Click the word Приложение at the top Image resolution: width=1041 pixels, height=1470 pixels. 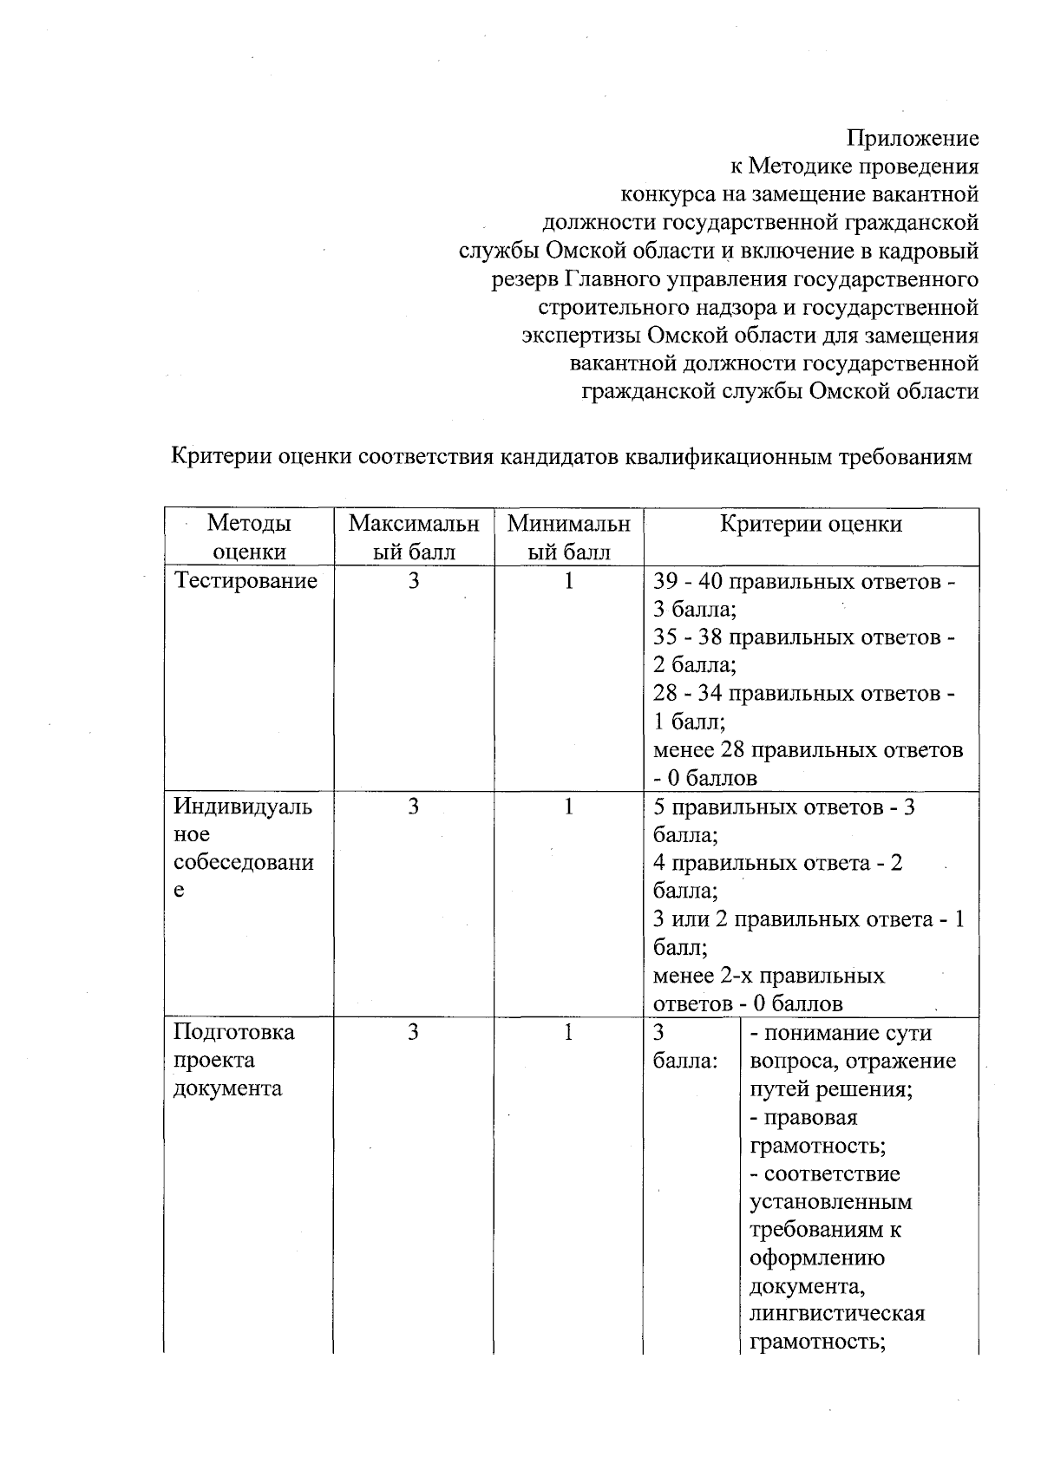(912, 138)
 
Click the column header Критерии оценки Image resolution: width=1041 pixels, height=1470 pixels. (811, 524)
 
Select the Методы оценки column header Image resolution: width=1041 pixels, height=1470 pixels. (249, 537)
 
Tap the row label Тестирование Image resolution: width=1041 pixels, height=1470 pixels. (246, 580)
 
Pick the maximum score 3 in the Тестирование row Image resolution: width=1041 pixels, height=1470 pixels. (414, 580)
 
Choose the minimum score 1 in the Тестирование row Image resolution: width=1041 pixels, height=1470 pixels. (568, 580)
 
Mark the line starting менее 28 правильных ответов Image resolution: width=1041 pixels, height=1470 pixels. (808, 750)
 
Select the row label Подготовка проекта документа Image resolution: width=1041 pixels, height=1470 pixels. (234, 1060)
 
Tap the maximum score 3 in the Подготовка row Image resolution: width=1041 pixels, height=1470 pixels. (414, 1032)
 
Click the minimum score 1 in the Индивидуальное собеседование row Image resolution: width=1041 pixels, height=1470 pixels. (568, 807)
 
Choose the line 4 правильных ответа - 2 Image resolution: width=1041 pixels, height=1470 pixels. (777, 863)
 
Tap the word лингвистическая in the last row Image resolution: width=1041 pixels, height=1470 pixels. (837, 1313)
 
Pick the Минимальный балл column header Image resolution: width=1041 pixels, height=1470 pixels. (568, 537)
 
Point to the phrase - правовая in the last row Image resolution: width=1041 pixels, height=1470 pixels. (803, 1117)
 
